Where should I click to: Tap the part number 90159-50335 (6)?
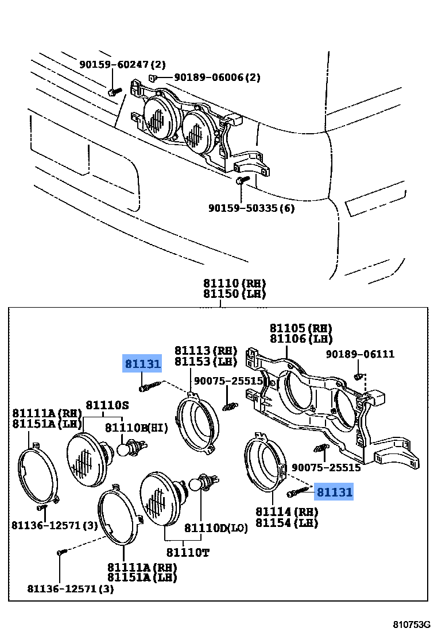tap(251, 208)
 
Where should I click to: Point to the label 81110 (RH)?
tap(234, 283)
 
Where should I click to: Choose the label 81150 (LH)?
tap(234, 294)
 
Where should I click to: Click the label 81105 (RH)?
tap(301, 328)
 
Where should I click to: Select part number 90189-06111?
tap(361, 354)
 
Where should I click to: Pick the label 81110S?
tap(107, 405)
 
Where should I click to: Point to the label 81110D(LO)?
tap(216, 528)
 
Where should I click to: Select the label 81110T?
tap(187, 552)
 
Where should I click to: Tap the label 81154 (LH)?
tap(286, 522)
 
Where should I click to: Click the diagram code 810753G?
tap(410, 625)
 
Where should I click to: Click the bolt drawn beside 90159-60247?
tap(114, 91)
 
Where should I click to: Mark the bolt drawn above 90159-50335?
tap(241, 181)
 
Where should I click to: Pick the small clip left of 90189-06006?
tap(152, 77)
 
